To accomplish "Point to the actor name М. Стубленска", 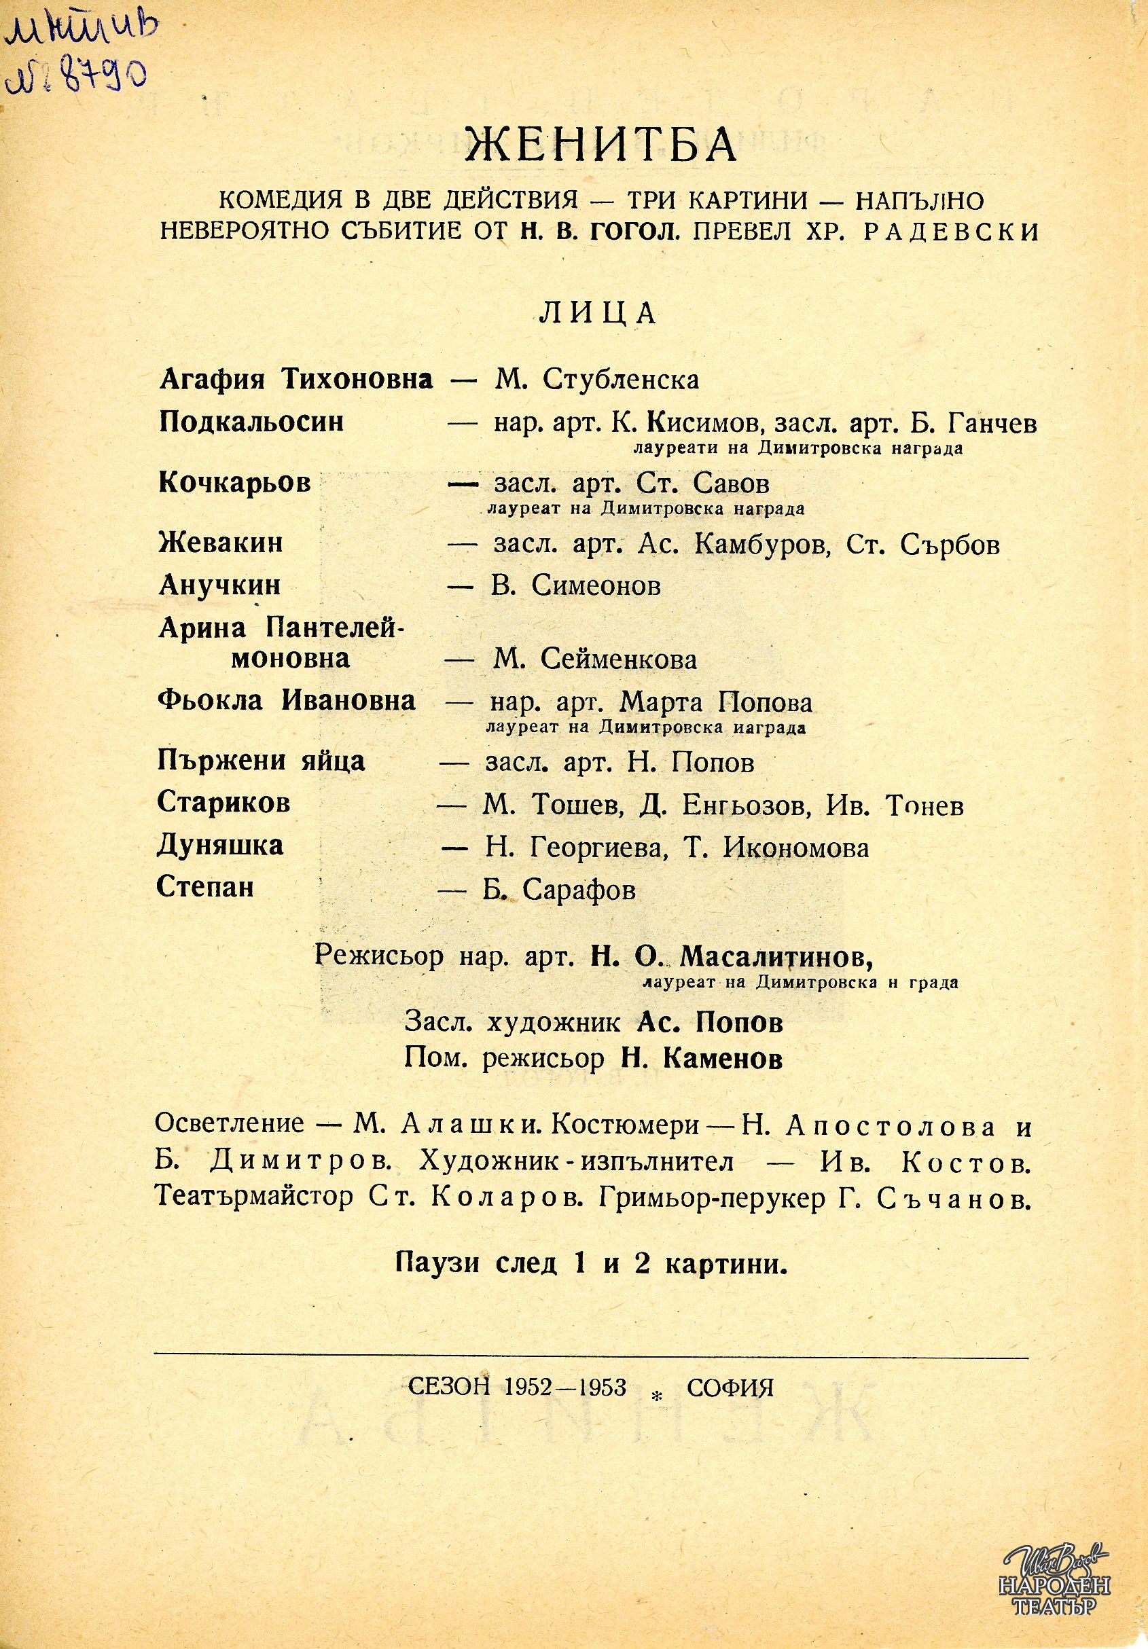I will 596,380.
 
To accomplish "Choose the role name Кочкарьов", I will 234,483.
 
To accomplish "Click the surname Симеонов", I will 596,587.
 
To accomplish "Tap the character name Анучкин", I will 220,587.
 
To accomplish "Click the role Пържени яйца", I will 262,762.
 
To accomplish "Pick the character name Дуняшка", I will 221,846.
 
